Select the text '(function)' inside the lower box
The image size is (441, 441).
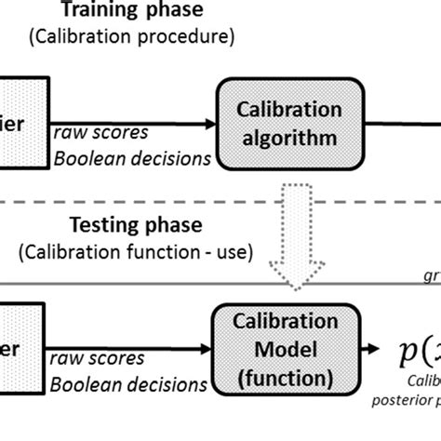(x=292, y=379)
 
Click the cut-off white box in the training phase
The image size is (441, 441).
(x=22, y=123)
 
